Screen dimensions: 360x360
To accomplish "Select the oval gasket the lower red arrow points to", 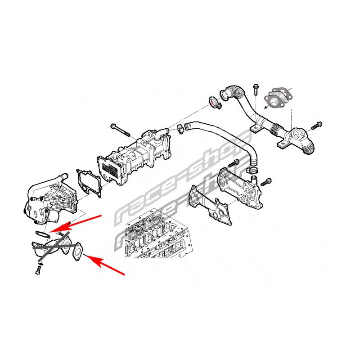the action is pos(77,252).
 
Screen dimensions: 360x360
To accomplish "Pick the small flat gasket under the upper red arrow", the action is pos(42,234).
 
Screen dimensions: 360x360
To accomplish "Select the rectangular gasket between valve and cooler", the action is pos(89,183).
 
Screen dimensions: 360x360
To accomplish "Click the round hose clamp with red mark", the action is pos(215,103).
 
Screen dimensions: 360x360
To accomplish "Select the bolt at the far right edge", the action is pos(317,126).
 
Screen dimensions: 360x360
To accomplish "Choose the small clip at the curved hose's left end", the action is pos(180,129).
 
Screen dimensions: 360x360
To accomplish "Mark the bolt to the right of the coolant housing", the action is pos(266,182).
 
